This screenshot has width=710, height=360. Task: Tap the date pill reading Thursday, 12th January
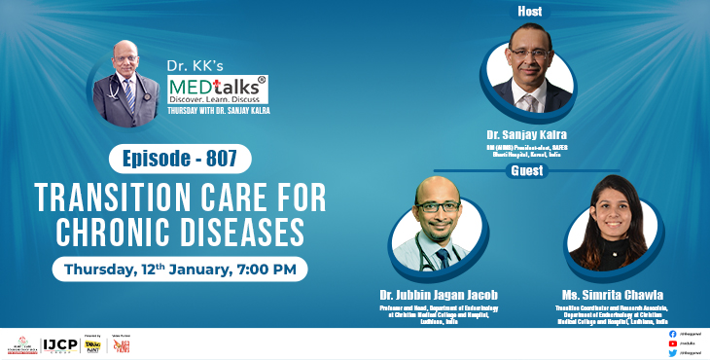[180, 267]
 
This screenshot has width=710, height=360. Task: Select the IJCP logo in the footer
[60, 344]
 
